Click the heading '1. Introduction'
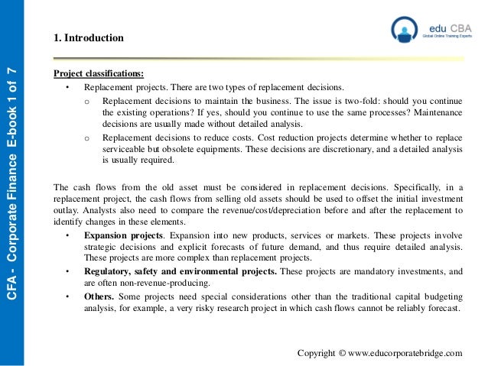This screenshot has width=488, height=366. coord(89,37)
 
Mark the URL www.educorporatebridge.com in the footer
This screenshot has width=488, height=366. coord(405,353)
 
